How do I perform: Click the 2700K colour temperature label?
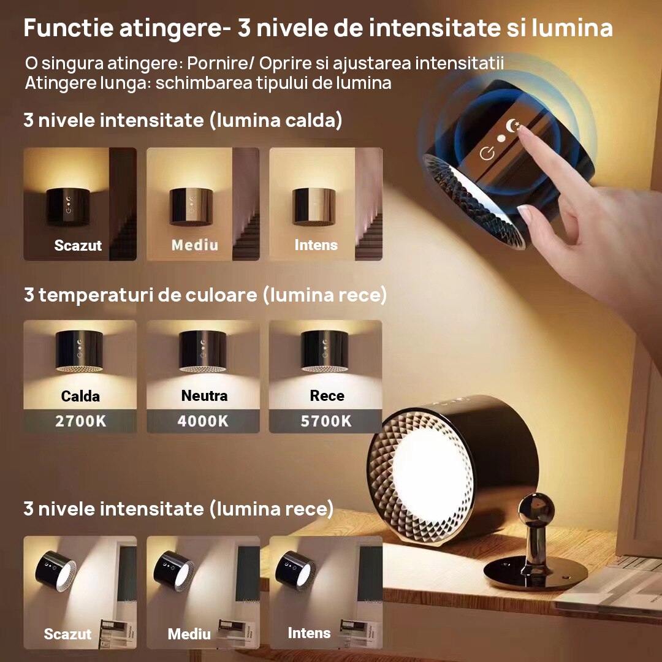click(x=81, y=421)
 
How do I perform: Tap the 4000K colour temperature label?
click(x=203, y=421)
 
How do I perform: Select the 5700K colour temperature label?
click(x=326, y=421)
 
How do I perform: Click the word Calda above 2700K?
click(x=80, y=396)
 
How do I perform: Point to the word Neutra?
click(x=204, y=395)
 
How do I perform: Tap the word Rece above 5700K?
click(x=327, y=395)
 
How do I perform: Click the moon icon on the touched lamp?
click(x=512, y=126)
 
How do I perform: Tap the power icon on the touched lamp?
click(x=487, y=153)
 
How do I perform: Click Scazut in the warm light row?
click(x=78, y=245)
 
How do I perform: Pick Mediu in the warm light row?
click(x=195, y=245)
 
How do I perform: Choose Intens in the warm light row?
click(x=316, y=245)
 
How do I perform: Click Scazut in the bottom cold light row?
click(x=67, y=634)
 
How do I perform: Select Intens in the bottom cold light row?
click(x=309, y=633)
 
